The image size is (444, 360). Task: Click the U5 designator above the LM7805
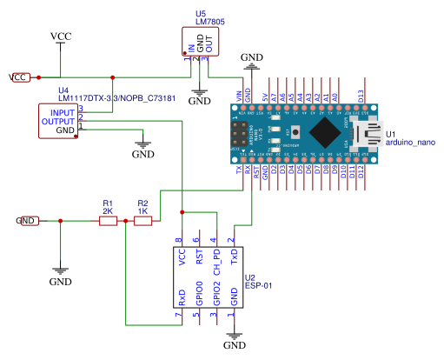click(x=202, y=14)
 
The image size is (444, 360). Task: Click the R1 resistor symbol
click(x=108, y=221)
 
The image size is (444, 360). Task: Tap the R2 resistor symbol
click(x=142, y=221)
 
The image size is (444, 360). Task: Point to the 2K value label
click(x=108, y=211)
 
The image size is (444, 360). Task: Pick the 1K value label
click(x=142, y=211)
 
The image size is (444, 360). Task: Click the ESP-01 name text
click(x=259, y=284)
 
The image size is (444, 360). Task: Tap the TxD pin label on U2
click(x=234, y=257)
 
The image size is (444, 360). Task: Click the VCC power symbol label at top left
click(x=61, y=36)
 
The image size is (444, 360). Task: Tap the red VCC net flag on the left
click(x=19, y=77)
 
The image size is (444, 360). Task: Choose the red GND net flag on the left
click(x=28, y=221)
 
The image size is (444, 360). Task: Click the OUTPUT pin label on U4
click(x=58, y=122)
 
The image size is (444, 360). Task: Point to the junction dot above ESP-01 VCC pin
click(x=182, y=211)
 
